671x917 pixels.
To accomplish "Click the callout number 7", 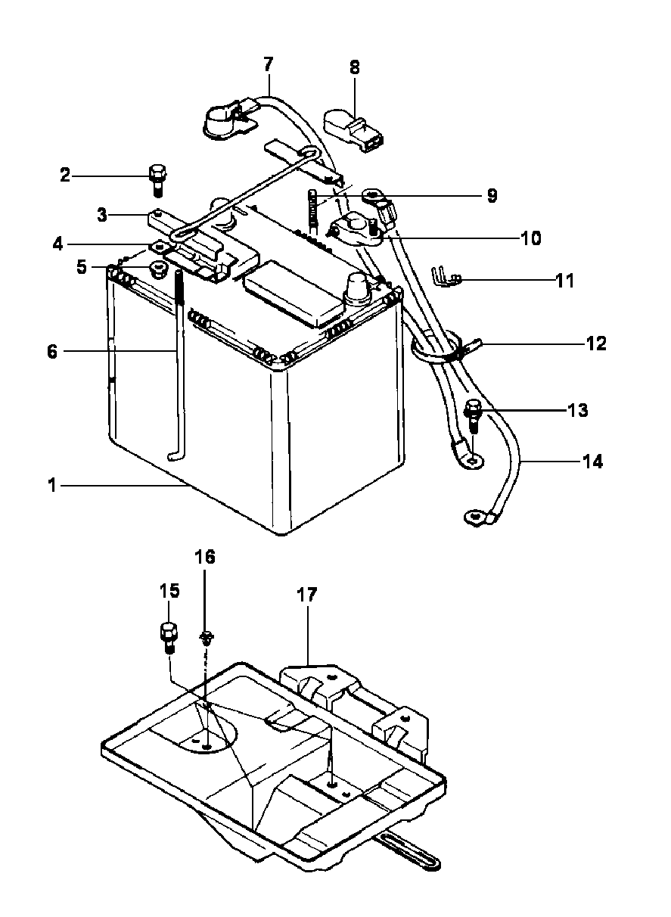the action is point(268,64).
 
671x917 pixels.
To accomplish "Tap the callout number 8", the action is point(355,67).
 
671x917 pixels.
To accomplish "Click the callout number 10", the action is point(531,238).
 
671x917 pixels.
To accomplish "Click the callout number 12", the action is point(596,343).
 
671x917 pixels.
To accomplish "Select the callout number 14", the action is point(593,462).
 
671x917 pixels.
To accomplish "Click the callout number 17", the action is point(306,595).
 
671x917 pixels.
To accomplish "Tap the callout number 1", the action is point(52,486).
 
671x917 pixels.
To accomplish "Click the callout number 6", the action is point(52,351).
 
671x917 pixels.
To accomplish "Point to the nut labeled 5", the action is point(157,271).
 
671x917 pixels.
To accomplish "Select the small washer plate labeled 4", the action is point(160,247).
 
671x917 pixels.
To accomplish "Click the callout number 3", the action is point(102,215).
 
